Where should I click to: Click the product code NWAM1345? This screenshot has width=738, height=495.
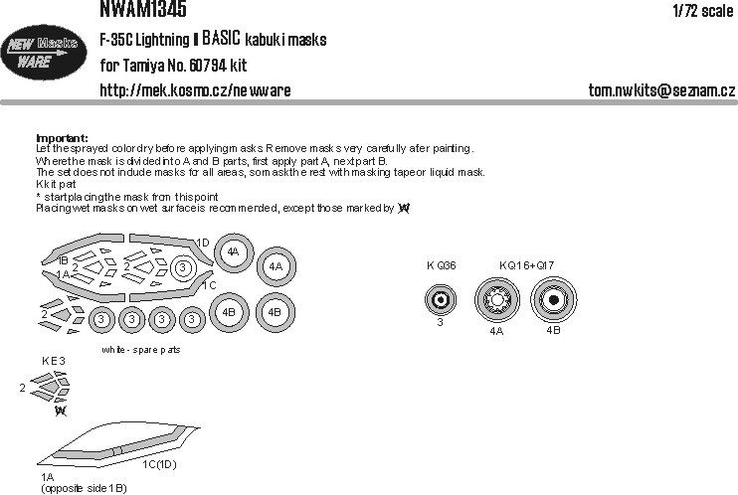[x=143, y=10]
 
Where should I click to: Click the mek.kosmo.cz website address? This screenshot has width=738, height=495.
[x=196, y=90]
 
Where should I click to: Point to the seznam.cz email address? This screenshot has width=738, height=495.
[x=661, y=90]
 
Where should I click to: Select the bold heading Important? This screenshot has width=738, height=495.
[x=62, y=137]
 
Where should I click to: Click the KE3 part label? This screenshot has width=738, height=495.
[x=54, y=362]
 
